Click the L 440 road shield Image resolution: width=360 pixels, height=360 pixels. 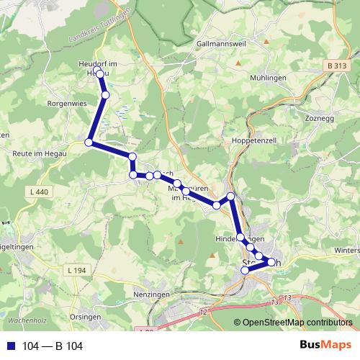42,192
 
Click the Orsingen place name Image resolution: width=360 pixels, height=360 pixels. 86,316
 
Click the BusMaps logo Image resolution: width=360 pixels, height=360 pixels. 325,346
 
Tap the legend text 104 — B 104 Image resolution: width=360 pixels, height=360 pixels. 53,346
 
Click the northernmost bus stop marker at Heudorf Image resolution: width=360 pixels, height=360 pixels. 99,71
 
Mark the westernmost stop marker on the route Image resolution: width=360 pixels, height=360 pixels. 89,143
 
